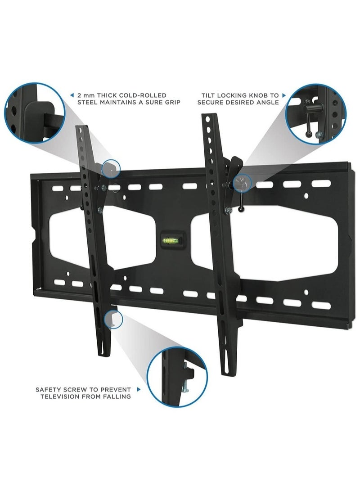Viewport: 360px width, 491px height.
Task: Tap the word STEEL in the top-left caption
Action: tap(87, 103)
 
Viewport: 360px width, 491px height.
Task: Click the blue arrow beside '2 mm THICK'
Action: tap(72, 95)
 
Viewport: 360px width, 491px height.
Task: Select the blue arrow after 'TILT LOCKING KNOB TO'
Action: tap(284, 95)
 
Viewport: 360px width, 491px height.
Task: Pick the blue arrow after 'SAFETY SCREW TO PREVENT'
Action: tap(139, 389)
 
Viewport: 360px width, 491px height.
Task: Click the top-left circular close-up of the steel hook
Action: tap(34, 113)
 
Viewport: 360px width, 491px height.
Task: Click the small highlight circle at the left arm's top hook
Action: tap(111, 168)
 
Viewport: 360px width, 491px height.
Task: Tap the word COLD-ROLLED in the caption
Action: tap(144, 95)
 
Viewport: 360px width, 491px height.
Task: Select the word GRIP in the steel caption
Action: tap(171, 103)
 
